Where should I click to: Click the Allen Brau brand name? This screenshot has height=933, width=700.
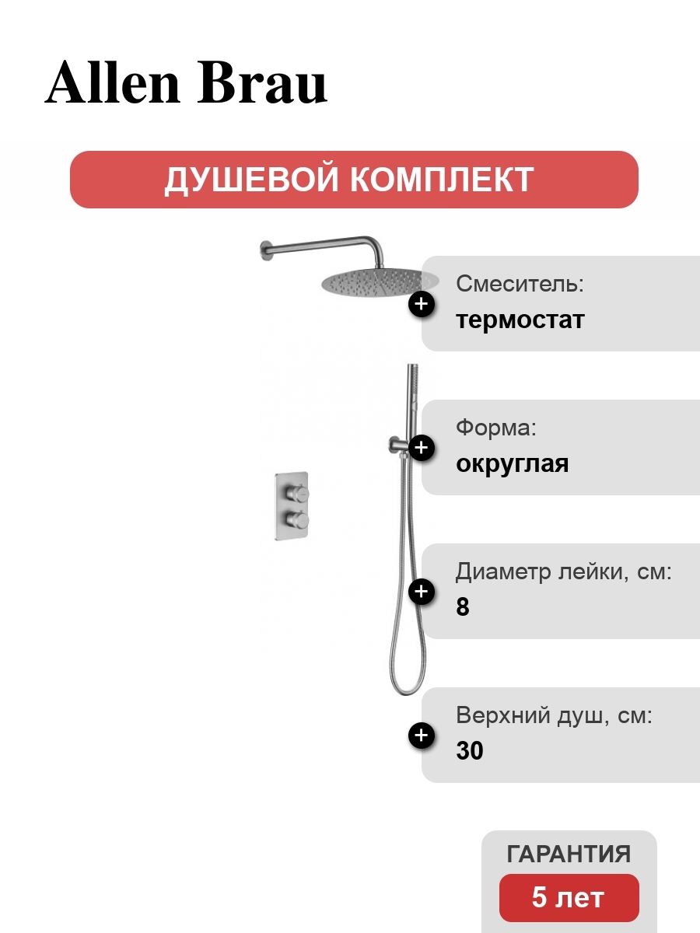pyautogui.click(x=186, y=82)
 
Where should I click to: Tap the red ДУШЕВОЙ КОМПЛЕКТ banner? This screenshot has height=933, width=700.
pyautogui.click(x=354, y=180)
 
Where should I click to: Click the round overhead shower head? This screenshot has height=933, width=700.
pyautogui.click(x=380, y=281)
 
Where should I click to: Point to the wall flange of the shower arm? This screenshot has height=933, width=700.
pyautogui.click(x=266, y=250)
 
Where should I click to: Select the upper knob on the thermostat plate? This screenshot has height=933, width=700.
pyautogui.click(x=297, y=494)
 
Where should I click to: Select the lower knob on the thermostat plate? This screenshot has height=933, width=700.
pyautogui.click(x=297, y=519)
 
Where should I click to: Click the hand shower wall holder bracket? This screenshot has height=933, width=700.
pyautogui.click(x=399, y=447)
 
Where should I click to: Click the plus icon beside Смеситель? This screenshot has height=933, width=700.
pyautogui.click(x=422, y=304)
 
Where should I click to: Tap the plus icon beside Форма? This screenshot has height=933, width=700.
pyautogui.click(x=422, y=448)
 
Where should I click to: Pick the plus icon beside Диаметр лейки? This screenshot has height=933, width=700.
pyautogui.click(x=422, y=591)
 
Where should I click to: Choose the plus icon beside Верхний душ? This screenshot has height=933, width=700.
pyautogui.click(x=422, y=735)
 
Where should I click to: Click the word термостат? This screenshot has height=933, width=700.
pyautogui.click(x=520, y=320)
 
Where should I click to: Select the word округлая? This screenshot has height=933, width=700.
pyautogui.click(x=512, y=464)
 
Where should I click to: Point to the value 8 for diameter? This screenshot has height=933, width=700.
pyautogui.click(x=463, y=606)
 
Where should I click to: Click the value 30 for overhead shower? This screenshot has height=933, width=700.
pyautogui.click(x=470, y=750)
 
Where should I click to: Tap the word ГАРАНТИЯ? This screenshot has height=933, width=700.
pyautogui.click(x=569, y=854)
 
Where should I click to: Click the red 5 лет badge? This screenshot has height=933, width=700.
pyautogui.click(x=569, y=898)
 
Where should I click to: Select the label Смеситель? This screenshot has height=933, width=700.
pyautogui.click(x=520, y=284)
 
